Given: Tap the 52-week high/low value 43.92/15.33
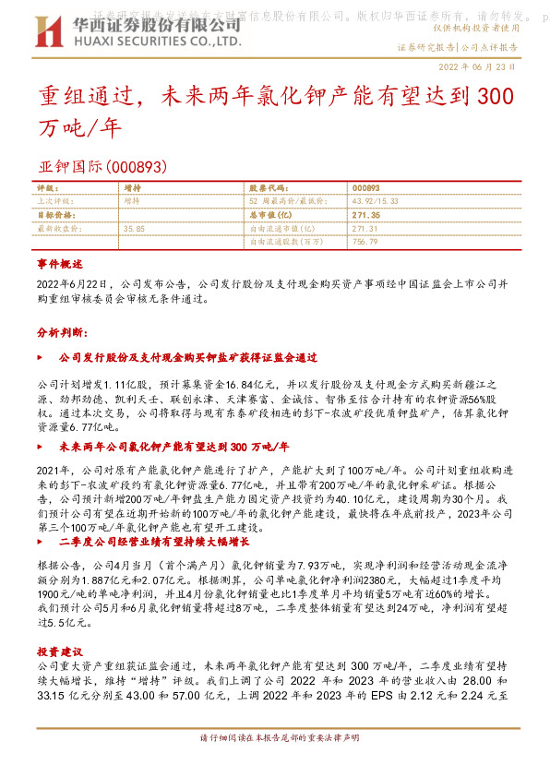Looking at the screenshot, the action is (374, 200).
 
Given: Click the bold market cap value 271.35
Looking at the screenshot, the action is (365, 213).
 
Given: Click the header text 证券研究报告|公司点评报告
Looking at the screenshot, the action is (457, 46).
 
